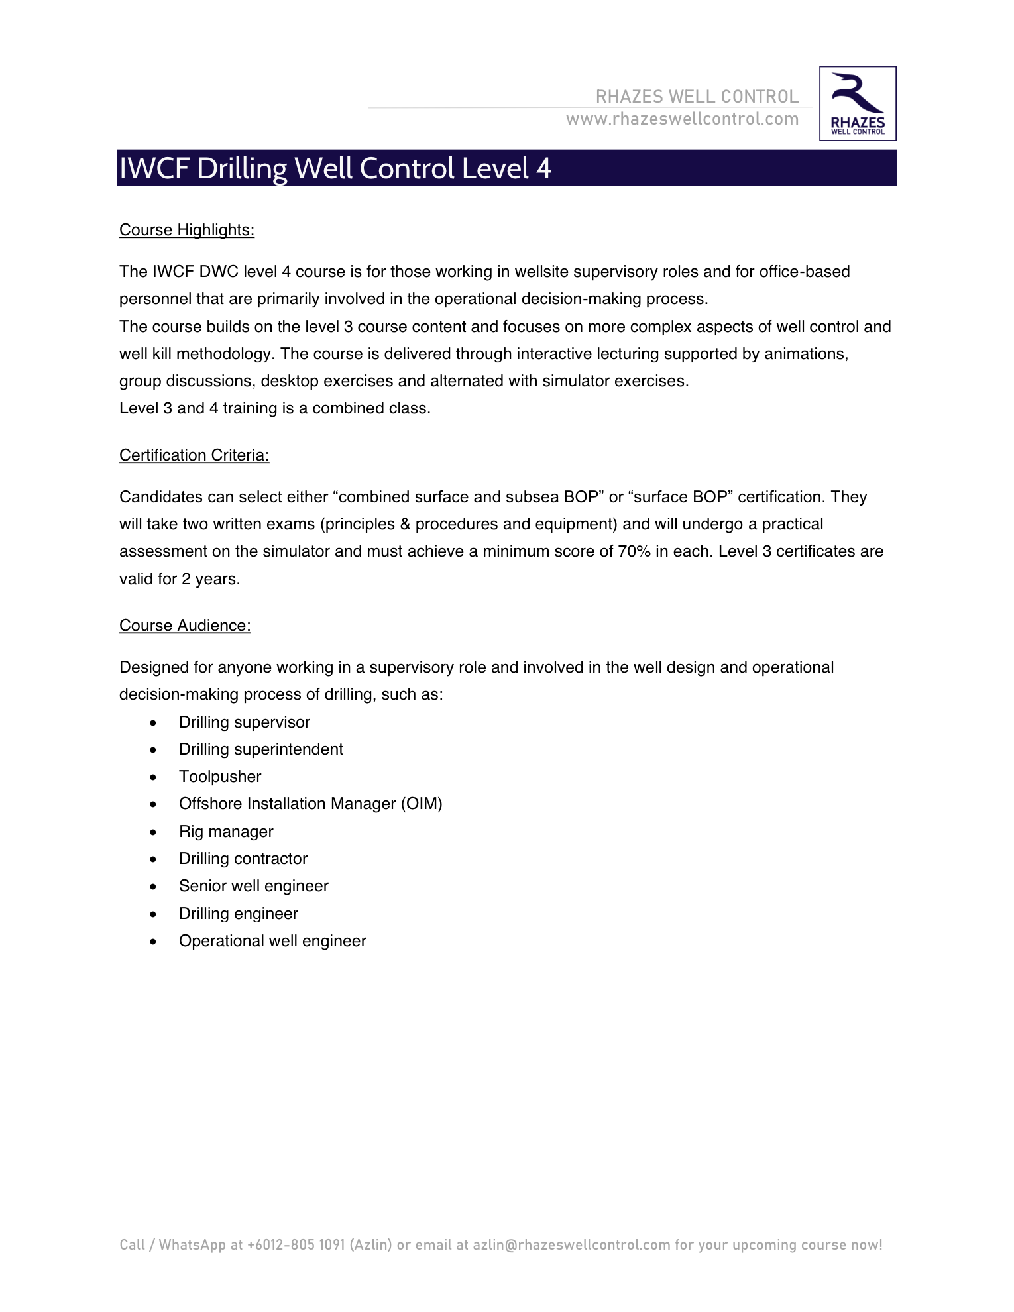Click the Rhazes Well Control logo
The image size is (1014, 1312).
tap(858, 103)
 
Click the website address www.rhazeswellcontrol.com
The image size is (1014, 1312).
tap(682, 119)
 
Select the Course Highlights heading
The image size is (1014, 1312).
tap(187, 230)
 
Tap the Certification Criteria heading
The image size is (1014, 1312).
tap(194, 455)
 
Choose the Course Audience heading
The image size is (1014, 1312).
tap(185, 626)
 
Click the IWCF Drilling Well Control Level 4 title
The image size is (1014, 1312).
tap(335, 168)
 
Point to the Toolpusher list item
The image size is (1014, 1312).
tap(220, 777)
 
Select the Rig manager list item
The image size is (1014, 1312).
tap(226, 832)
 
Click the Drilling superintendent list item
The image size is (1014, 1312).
tap(261, 749)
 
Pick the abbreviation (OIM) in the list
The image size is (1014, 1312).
tap(422, 804)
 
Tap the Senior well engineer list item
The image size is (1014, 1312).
tap(254, 886)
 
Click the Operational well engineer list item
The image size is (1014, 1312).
tap(272, 941)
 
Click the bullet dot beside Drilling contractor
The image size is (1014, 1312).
tap(154, 859)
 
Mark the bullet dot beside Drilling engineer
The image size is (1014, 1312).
tap(154, 914)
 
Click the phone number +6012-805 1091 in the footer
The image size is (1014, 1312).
tap(296, 1244)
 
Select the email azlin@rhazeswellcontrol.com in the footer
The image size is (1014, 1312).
tap(571, 1244)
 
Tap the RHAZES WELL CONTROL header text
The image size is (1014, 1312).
tap(697, 97)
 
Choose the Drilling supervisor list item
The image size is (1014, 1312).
tap(245, 722)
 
